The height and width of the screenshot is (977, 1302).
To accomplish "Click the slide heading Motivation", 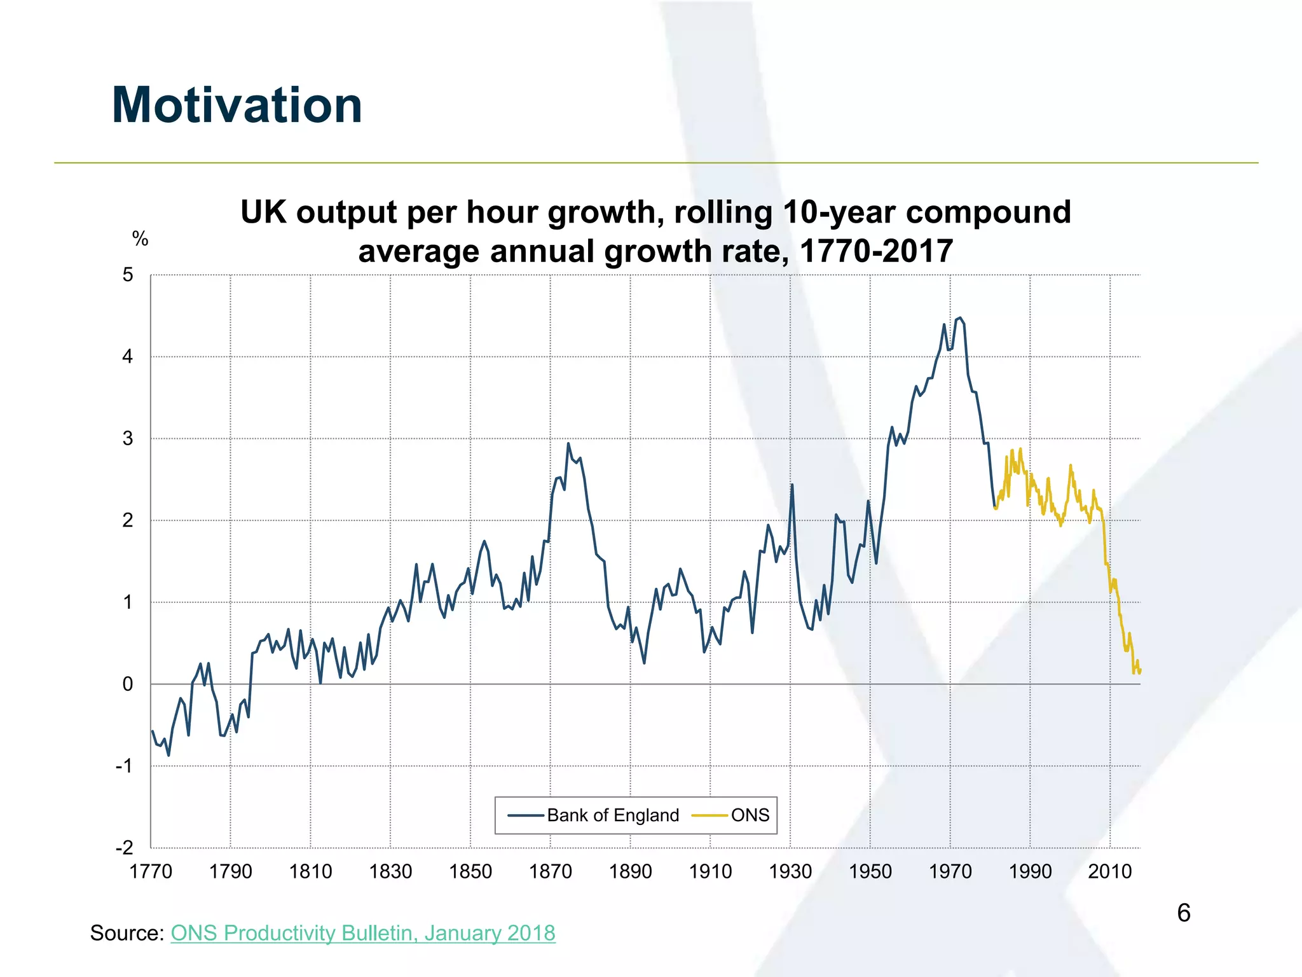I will click(x=236, y=105).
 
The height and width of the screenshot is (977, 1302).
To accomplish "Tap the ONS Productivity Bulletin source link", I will click(x=363, y=933).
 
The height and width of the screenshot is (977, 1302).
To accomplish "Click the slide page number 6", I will click(x=1183, y=913).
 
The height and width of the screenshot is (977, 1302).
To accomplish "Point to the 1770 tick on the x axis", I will click(x=151, y=871).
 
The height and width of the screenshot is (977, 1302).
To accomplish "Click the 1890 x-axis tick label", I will click(x=630, y=871).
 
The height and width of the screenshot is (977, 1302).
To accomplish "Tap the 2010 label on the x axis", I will click(x=1110, y=871).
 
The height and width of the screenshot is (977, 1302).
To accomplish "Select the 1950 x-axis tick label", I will click(x=870, y=871).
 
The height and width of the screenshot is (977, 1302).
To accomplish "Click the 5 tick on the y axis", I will click(x=128, y=275).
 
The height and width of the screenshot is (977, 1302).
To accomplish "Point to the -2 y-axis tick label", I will click(x=125, y=848).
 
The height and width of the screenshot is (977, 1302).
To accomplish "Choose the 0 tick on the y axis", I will click(x=128, y=684).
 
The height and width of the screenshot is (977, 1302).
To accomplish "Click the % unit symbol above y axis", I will click(x=140, y=239).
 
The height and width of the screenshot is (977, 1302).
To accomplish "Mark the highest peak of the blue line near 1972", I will click(x=959, y=317).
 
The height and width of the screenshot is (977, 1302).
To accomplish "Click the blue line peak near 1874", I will click(x=568, y=443).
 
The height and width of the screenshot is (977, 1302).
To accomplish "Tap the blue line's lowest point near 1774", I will click(x=168, y=755).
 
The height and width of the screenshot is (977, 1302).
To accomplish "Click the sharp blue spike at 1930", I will click(x=791, y=485).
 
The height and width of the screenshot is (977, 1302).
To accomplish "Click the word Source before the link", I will click(x=127, y=933).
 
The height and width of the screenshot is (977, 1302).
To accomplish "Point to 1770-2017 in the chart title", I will click(x=876, y=251).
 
